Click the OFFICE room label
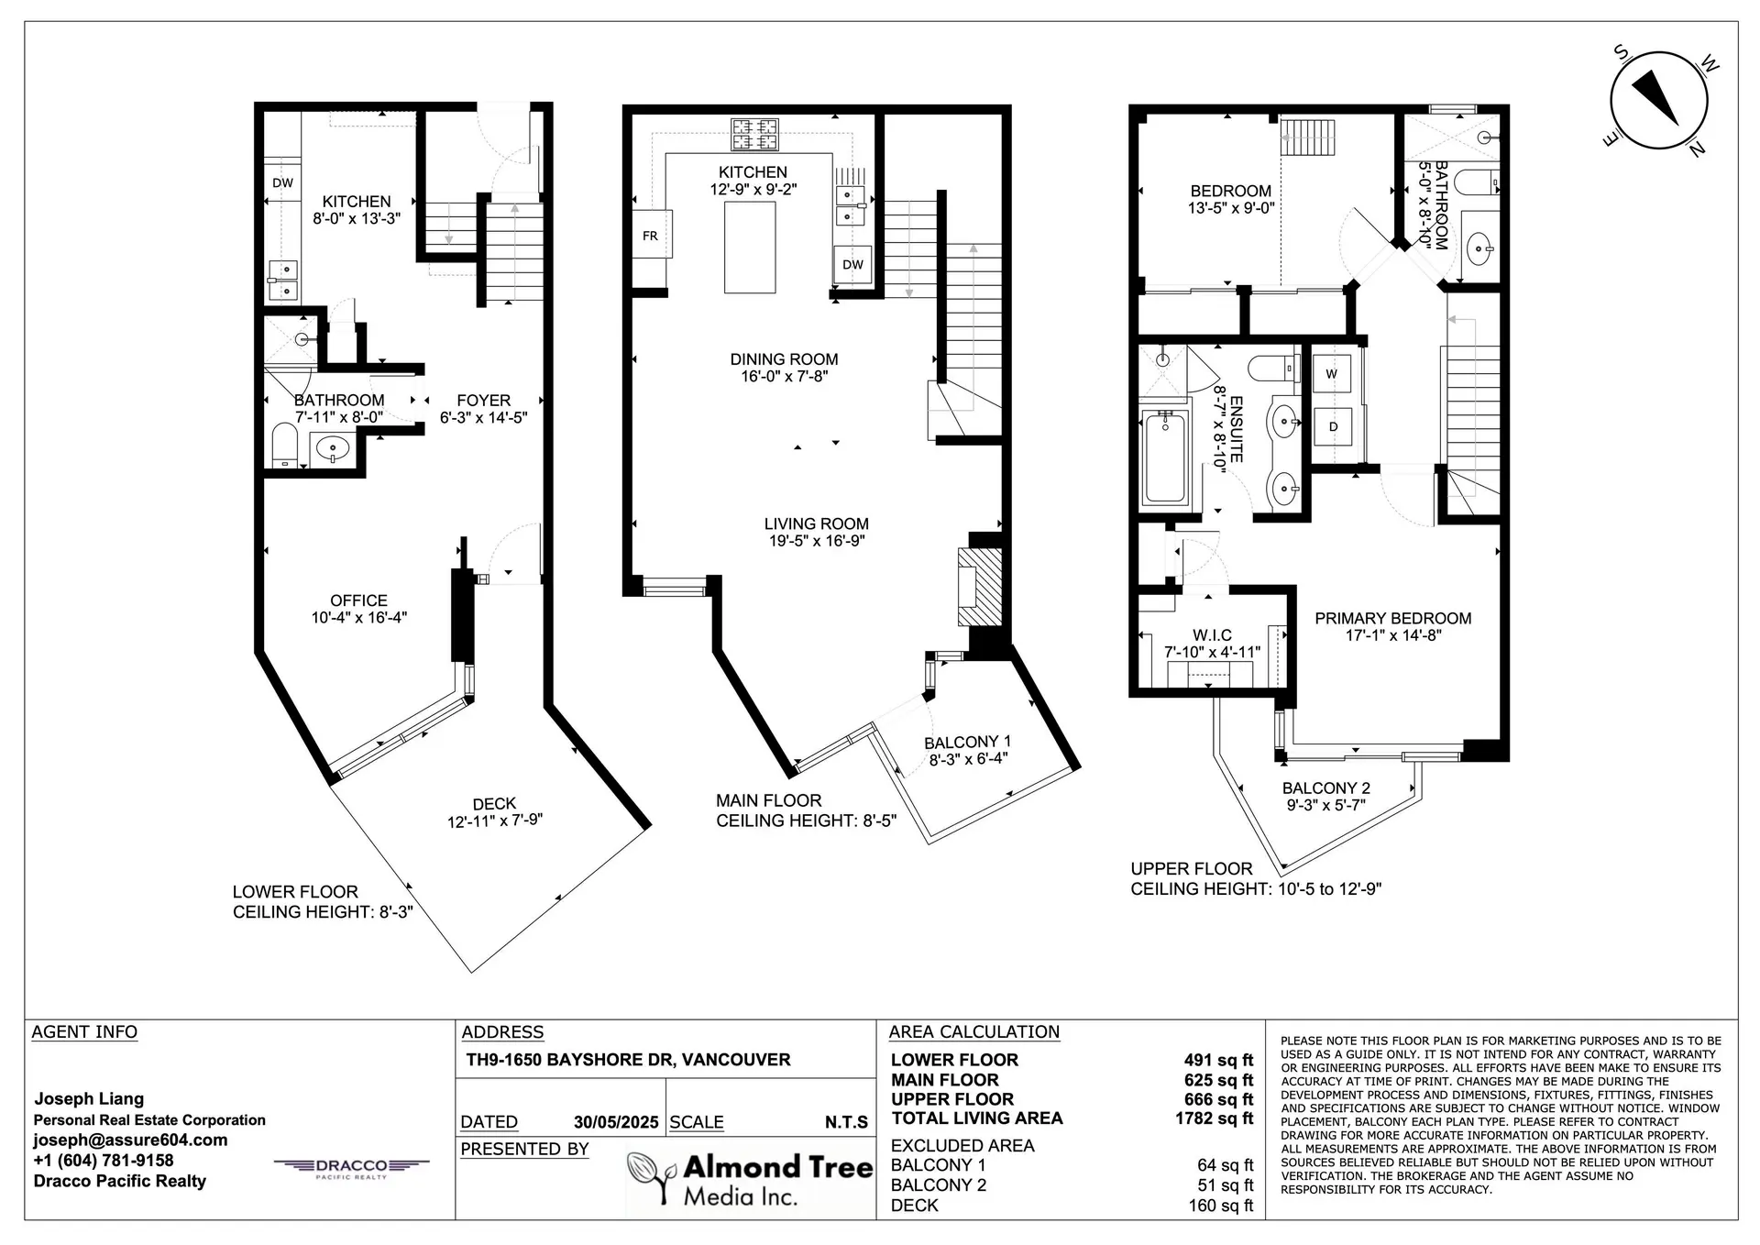point(358,600)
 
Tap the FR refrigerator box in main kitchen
point(651,235)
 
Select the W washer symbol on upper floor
point(1331,374)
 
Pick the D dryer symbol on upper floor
point(1332,426)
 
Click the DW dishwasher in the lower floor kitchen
point(282,182)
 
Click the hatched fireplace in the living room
point(979,587)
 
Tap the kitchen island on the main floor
point(750,248)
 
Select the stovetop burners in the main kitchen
point(754,135)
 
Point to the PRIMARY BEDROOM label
point(1392,619)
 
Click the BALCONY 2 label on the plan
point(1325,788)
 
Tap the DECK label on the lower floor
point(494,804)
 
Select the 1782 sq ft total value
point(1214,1118)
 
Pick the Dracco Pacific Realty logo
point(352,1167)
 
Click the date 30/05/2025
point(616,1122)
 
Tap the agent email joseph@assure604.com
point(130,1140)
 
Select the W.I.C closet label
point(1212,635)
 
